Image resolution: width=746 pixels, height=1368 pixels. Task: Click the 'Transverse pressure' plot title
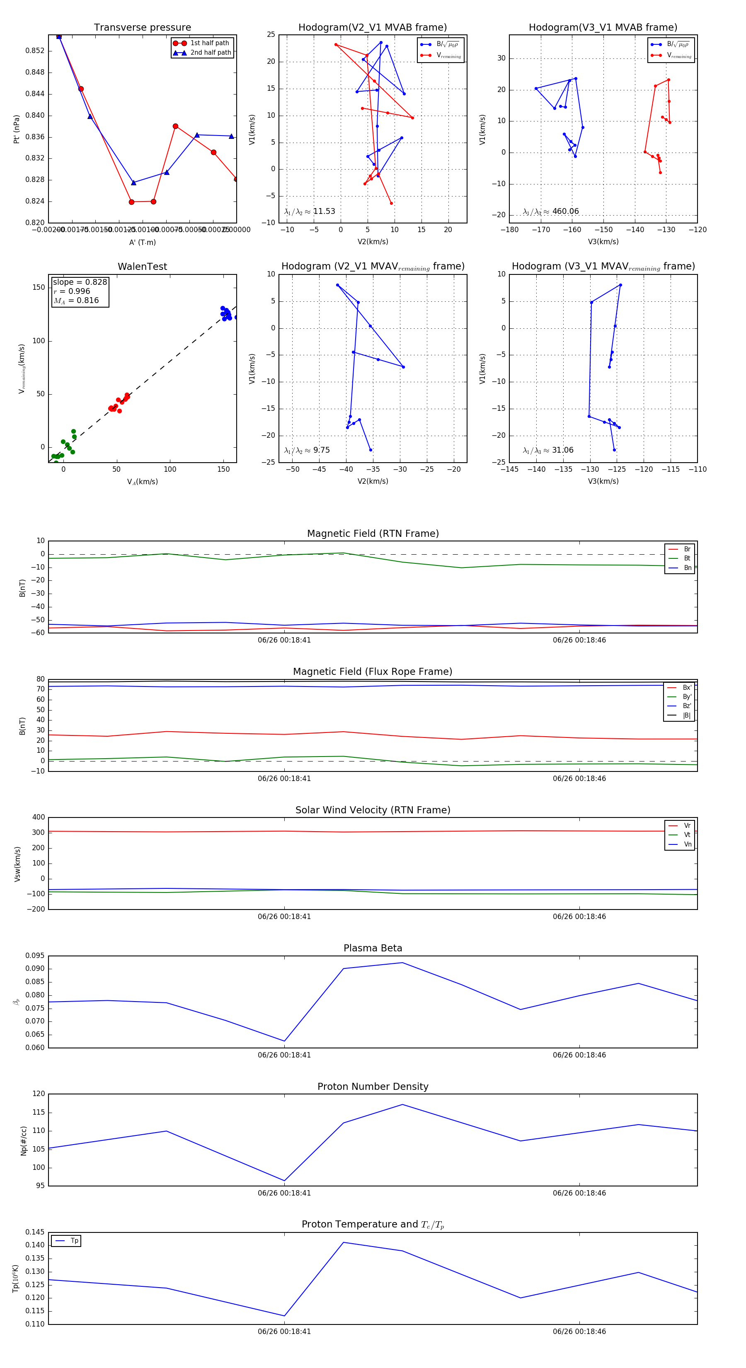click(142, 28)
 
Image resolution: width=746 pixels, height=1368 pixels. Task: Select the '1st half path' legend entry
click(209, 43)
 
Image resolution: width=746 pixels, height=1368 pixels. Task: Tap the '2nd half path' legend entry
click(210, 53)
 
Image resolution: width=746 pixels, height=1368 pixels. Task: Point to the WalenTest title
click(142, 267)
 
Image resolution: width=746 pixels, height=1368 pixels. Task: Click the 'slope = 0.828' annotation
click(80, 282)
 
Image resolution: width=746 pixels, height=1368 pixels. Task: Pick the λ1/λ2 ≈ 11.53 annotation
click(310, 211)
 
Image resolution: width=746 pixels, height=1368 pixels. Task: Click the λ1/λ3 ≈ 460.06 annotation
click(551, 211)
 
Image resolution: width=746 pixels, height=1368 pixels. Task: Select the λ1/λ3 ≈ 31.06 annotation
click(548, 450)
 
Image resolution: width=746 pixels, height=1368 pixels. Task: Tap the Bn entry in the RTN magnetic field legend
click(687, 568)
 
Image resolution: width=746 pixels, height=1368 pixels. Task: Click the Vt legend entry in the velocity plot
click(687, 835)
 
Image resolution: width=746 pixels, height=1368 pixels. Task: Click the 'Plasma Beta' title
click(373, 948)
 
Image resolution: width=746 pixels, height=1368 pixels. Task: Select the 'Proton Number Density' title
click(373, 1087)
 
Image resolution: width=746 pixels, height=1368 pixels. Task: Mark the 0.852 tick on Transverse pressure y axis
click(35, 51)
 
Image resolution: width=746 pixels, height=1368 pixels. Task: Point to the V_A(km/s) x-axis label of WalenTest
click(142, 482)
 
